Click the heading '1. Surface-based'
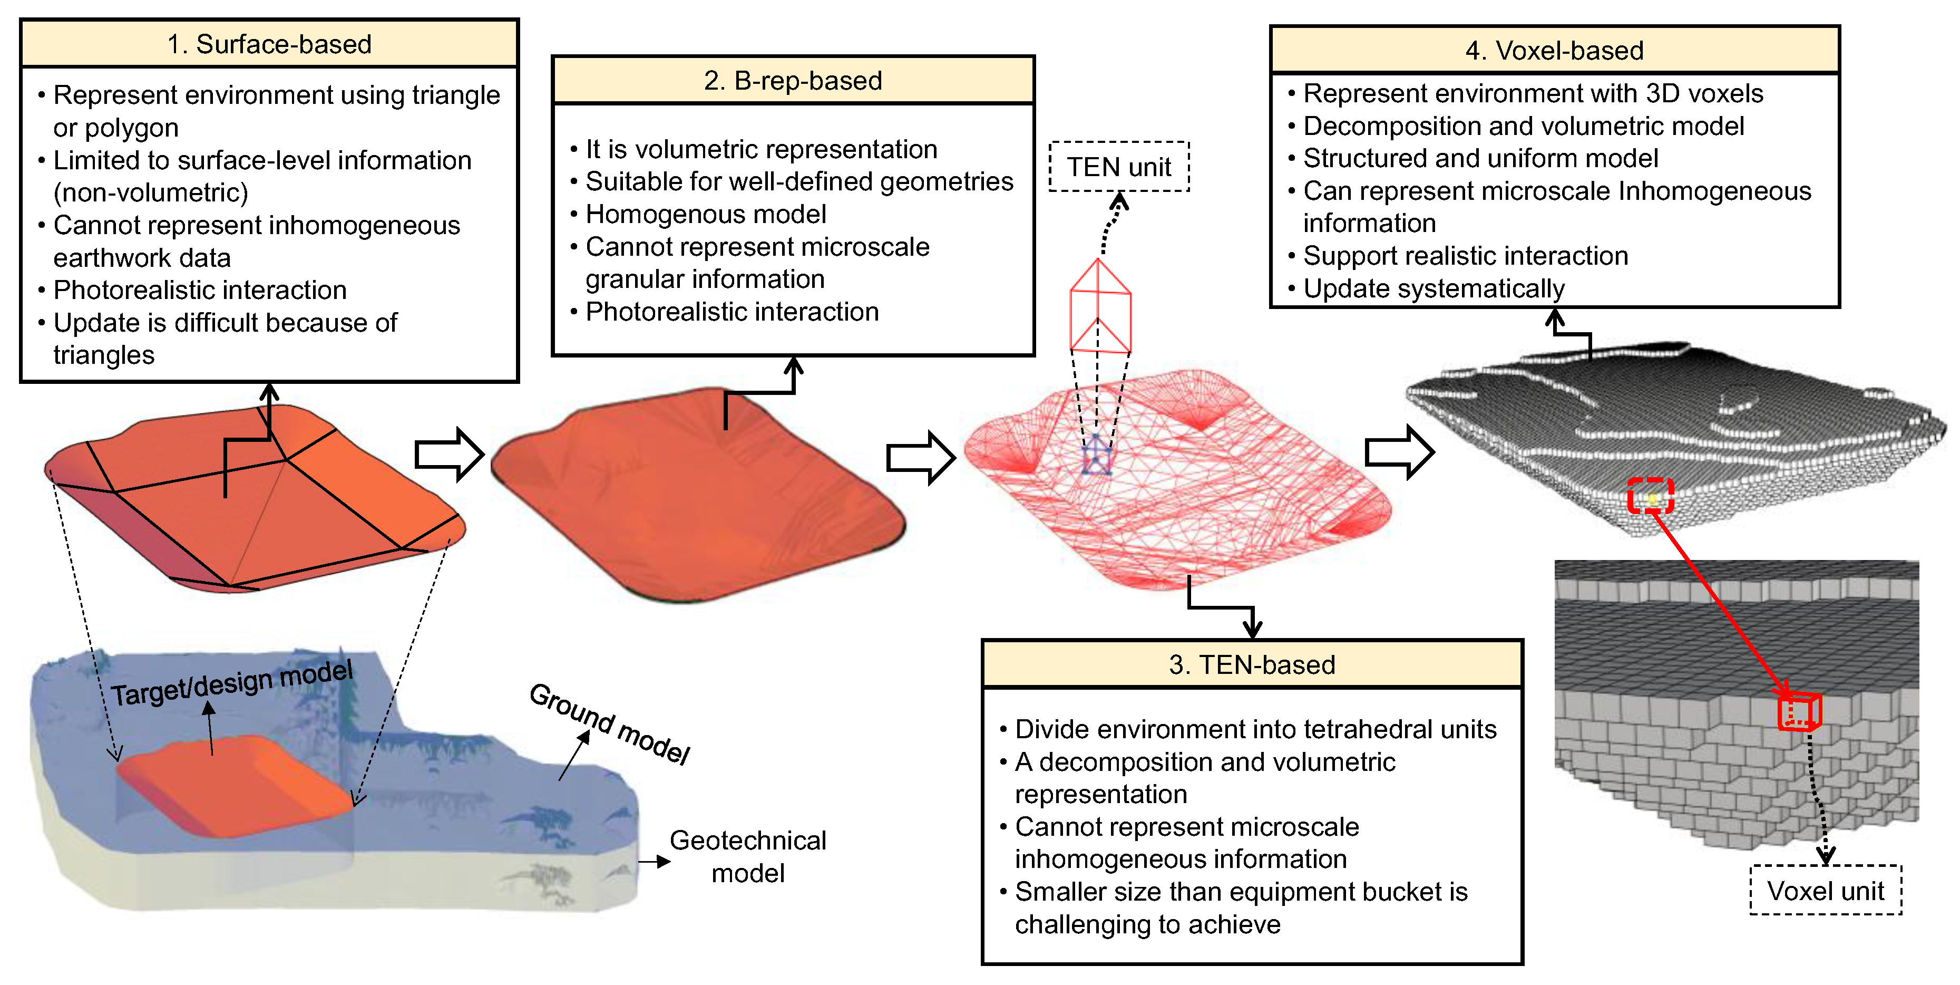tap(269, 44)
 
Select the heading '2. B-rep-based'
tap(793, 80)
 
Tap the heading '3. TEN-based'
tap(1252, 664)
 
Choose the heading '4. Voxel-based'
tap(1555, 50)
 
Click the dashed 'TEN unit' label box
tap(1118, 167)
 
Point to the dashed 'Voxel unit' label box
tap(1825, 890)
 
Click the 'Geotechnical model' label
tap(747, 856)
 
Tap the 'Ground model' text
tap(609, 723)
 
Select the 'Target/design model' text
tap(232, 683)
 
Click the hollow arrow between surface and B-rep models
tap(449, 455)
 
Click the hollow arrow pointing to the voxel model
tap(1399, 452)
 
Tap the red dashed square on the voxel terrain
tap(1650, 496)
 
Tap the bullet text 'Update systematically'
tap(1434, 288)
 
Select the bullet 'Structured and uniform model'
tap(1480, 158)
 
